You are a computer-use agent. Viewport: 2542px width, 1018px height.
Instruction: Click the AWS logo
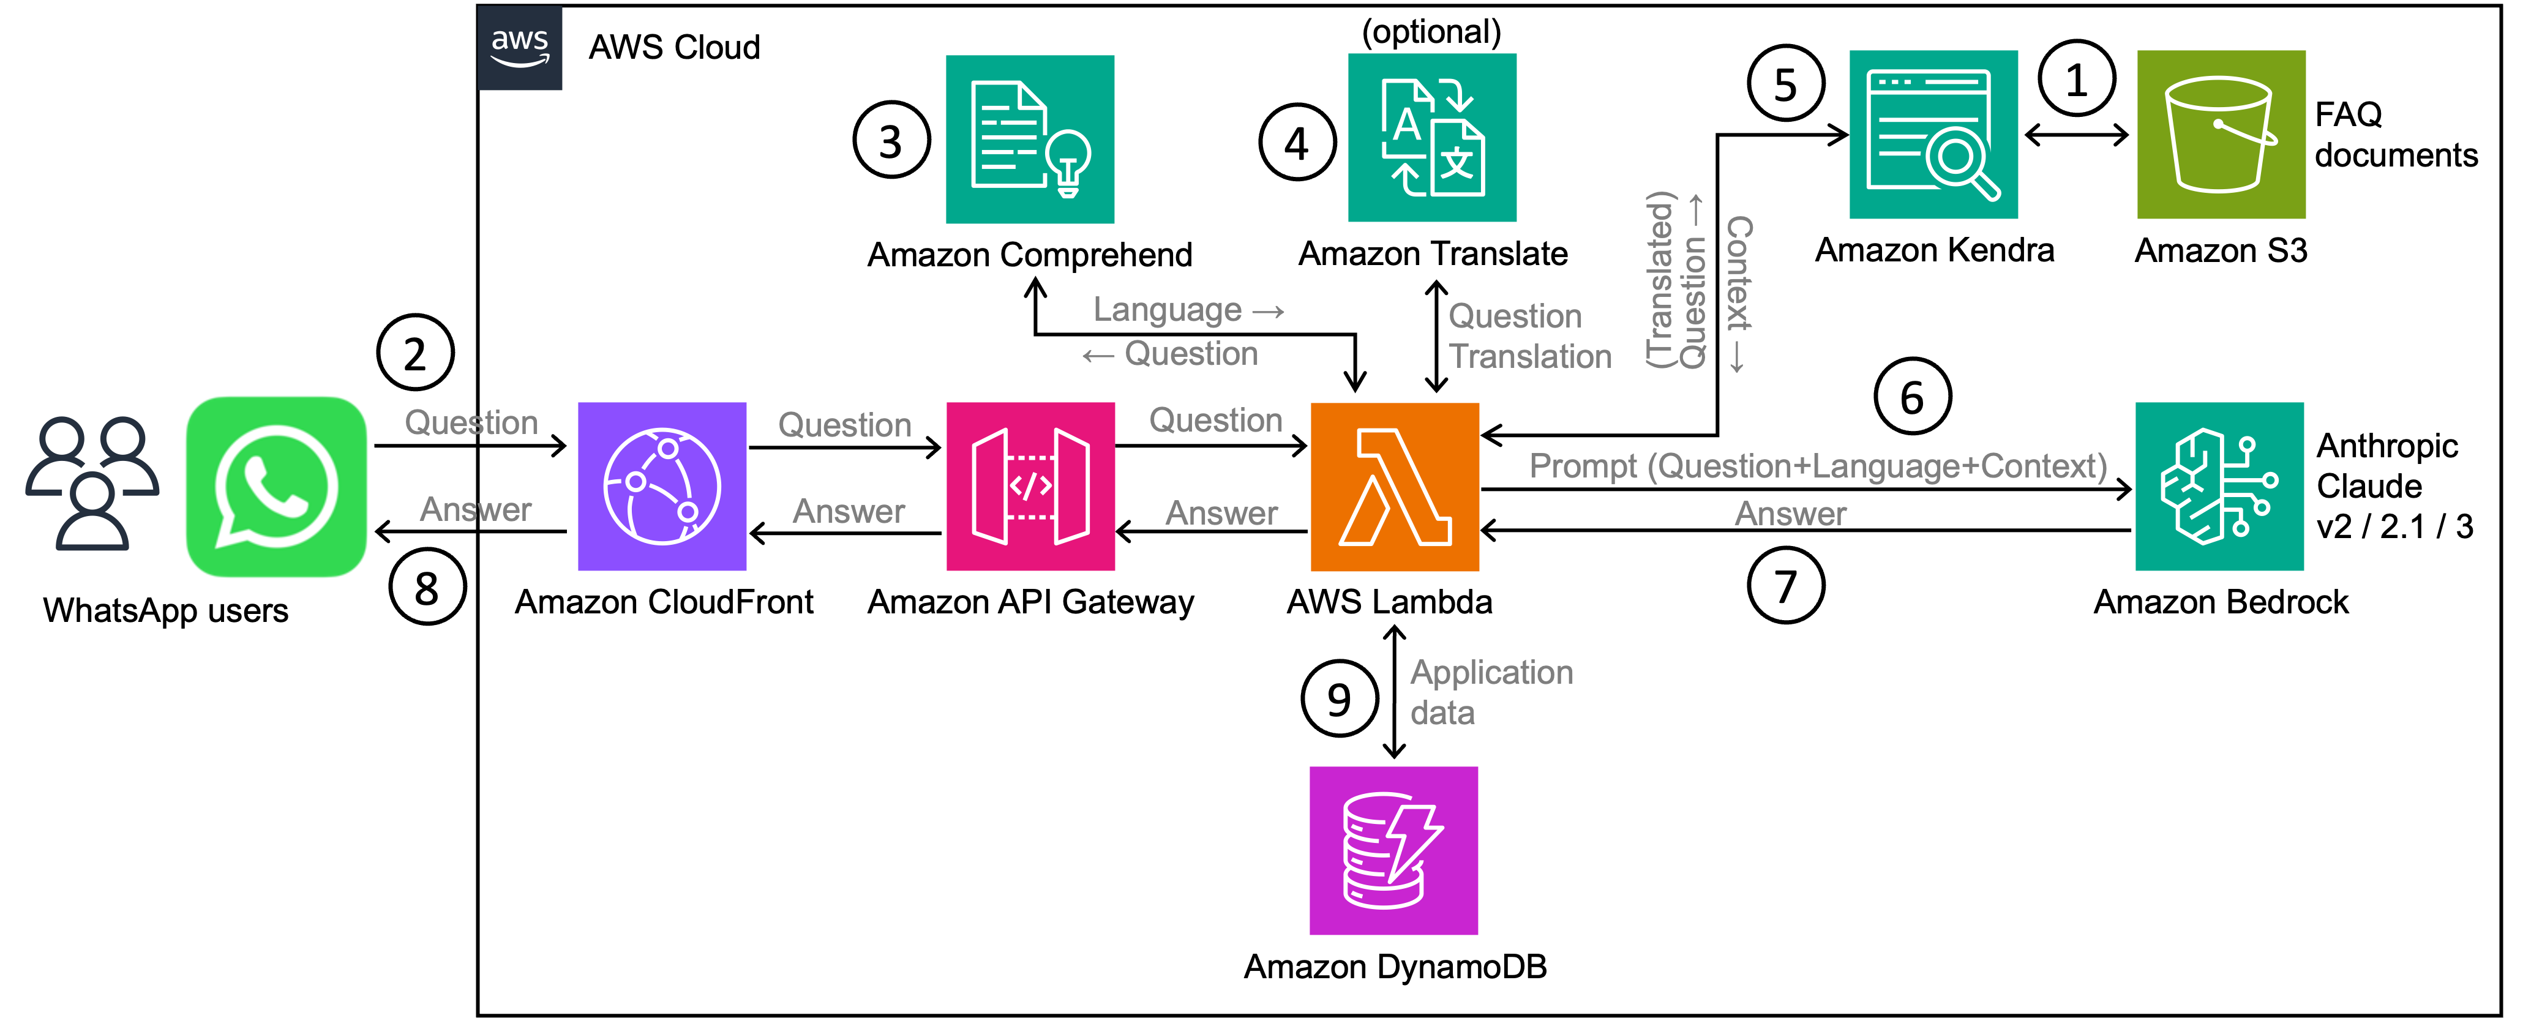(520, 47)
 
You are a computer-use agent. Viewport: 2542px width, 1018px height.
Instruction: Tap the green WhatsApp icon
(276, 486)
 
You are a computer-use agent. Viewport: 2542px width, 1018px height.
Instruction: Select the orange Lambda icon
(1394, 486)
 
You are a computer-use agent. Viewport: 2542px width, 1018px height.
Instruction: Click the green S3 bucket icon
(2221, 134)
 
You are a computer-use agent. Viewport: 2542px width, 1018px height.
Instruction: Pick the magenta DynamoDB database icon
(1393, 850)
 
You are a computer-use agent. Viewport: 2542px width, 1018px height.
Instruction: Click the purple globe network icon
(662, 486)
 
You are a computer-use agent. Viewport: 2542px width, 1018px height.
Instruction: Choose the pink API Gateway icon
(1030, 486)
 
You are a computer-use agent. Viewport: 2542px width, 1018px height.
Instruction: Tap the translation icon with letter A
(1432, 137)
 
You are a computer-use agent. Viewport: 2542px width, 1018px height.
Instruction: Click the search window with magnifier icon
(1933, 134)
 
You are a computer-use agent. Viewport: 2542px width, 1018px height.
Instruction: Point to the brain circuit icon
(2219, 486)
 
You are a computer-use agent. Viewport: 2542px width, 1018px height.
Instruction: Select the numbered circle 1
(2076, 79)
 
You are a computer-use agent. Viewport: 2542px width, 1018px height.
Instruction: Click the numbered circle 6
(1911, 397)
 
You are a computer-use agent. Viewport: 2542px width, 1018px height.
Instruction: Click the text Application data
(1491, 692)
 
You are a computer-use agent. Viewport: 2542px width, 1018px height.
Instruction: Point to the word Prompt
(1582, 466)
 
